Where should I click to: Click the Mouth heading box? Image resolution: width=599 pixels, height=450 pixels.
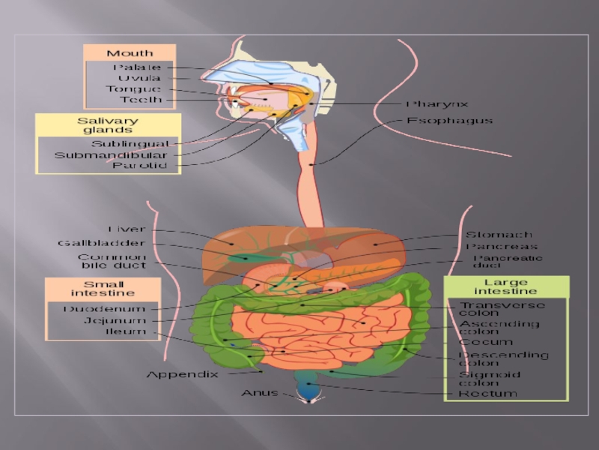(x=130, y=53)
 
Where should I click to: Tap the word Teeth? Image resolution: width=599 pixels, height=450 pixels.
(x=140, y=100)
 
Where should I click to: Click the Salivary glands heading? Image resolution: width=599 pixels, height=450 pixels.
(x=108, y=125)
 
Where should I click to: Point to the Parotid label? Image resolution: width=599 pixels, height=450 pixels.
(x=139, y=166)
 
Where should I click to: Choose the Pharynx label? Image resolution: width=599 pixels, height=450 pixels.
(x=437, y=104)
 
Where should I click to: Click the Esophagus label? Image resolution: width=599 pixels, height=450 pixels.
(x=449, y=120)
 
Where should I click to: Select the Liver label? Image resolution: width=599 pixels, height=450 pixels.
(x=126, y=229)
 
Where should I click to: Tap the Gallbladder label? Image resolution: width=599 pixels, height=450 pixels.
(x=101, y=243)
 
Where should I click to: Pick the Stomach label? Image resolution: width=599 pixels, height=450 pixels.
(x=499, y=235)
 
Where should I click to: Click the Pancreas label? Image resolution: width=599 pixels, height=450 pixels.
(x=502, y=246)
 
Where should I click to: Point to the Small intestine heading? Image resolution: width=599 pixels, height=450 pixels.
(x=103, y=288)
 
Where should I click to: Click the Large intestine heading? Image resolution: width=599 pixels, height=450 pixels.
(x=505, y=286)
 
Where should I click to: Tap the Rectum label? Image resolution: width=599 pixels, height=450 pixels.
(x=488, y=393)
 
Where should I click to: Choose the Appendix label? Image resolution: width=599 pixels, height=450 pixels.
(x=182, y=373)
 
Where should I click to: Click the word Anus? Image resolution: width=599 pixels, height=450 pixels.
(x=259, y=393)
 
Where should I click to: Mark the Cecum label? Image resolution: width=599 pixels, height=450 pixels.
(x=486, y=342)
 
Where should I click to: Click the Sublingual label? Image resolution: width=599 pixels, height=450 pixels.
(x=130, y=143)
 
